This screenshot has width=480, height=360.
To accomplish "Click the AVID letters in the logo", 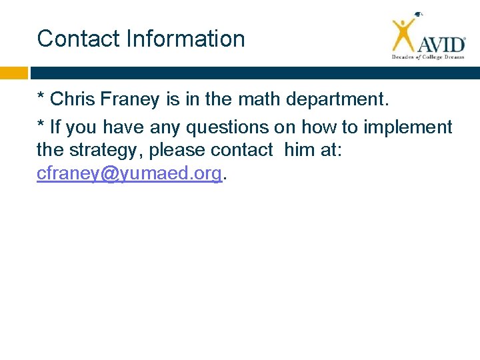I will [441, 44].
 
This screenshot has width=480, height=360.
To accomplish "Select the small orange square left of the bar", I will [14, 73].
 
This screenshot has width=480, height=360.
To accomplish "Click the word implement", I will [408, 127].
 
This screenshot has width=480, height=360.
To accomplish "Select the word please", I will [177, 151].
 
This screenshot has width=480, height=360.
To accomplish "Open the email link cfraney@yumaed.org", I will [129, 174].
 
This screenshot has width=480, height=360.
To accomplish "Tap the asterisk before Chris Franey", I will [41, 97].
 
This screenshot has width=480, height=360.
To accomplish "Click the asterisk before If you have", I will [41, 124].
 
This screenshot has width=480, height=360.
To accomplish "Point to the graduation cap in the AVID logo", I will [418, 15].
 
